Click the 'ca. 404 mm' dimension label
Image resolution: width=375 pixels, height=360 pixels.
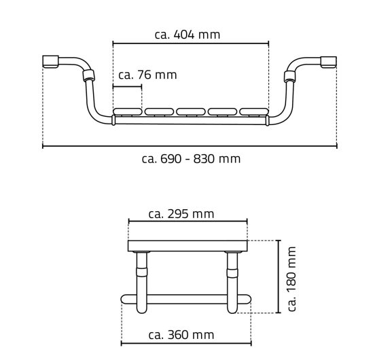pos(187,35)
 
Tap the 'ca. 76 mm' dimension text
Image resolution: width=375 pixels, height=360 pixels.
pos(147,75)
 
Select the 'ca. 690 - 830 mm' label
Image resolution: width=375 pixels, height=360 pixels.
pos(191,159)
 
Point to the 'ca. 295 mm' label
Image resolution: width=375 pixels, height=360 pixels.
pos(181,214)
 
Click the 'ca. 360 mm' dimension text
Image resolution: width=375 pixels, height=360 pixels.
pos(181,335)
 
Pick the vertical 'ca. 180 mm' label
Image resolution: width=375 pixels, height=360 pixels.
pos(291,279)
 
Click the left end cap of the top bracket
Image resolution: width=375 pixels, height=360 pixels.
pos(50,61)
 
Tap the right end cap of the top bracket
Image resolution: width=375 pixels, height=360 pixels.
pos(329,62)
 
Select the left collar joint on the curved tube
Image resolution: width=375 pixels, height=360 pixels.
pos(88,75)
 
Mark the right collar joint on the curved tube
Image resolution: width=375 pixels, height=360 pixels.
pos(289,76)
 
